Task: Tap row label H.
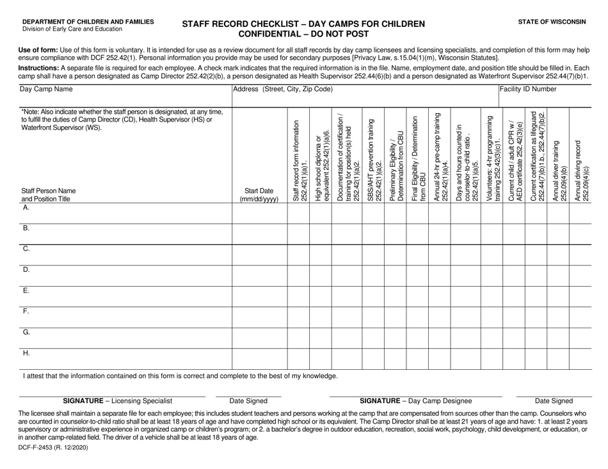(26, 352)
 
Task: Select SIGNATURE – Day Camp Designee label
(415, 401)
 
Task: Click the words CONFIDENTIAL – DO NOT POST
(303, 33)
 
